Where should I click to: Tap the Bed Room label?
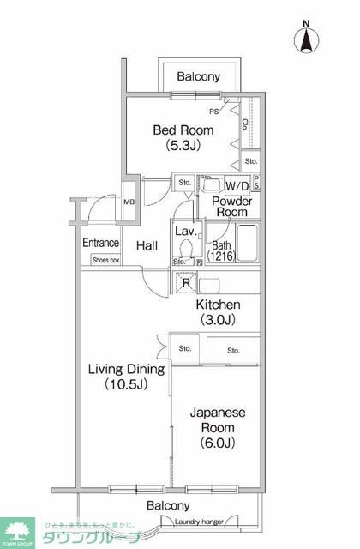[183, 130]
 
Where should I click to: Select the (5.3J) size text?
[183, 147]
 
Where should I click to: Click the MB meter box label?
[129, 202]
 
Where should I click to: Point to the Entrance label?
[100, 243]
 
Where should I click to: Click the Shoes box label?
[105, 258]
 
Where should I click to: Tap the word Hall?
[147, 246]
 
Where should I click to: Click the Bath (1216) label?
[220, 251]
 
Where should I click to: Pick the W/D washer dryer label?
[237, 186]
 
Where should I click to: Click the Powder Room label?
[231, 206]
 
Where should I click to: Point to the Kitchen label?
[218, 305]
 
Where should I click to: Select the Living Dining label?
[128, 369]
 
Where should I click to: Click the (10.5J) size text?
[128, 384]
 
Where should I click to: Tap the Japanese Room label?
[217, 419]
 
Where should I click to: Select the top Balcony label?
[198, 77]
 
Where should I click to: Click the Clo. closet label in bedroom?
[245, 124]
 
